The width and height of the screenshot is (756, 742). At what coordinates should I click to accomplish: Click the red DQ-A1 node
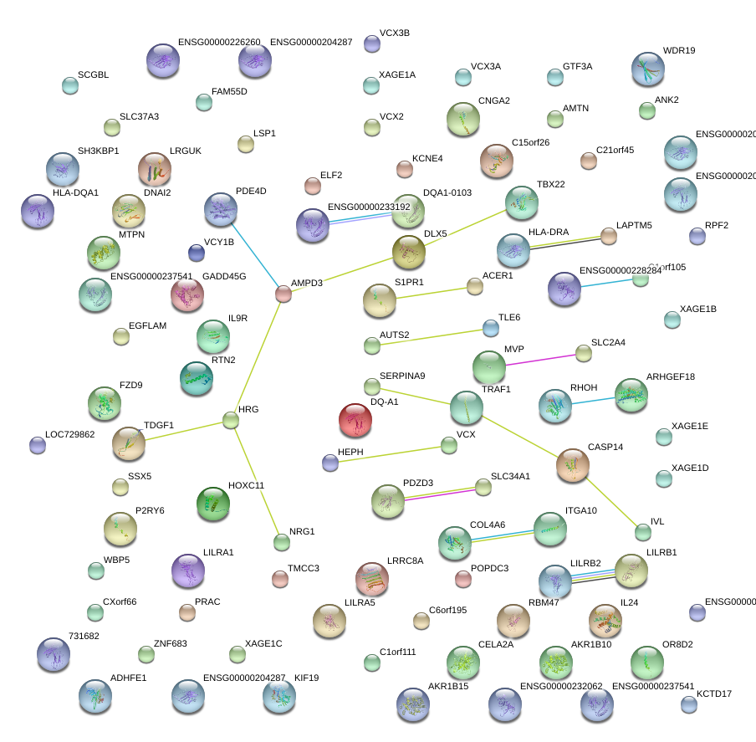355,421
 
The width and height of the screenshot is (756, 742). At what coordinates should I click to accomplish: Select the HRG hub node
231,419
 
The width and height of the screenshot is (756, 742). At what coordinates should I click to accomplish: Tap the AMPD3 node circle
283,294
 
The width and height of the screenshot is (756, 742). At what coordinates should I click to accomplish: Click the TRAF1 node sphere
466,407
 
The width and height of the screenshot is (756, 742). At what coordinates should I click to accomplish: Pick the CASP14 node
572,465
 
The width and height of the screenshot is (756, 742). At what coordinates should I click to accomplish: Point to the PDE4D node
221,210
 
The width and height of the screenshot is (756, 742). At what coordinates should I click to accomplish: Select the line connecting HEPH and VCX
390,453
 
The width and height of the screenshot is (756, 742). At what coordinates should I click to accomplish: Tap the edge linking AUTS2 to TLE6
432,336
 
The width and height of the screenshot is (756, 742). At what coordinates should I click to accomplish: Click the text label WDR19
678,51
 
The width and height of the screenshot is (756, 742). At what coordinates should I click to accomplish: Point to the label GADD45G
223,276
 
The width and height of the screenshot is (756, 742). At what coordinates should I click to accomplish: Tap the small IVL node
642,531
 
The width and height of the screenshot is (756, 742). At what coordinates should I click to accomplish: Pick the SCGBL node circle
70,84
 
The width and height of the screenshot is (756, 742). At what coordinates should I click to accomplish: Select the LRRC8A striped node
372,579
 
